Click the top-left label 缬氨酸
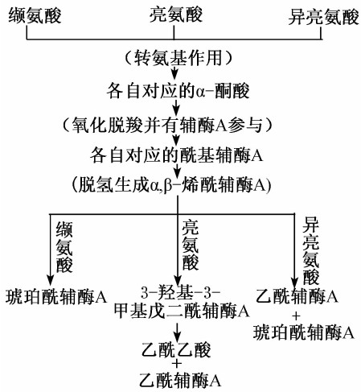(x=35, y=15)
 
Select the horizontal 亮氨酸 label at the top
(x=176, y=14)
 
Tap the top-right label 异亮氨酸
(x=323, y=17)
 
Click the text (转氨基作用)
(x=178, y=58)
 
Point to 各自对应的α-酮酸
(x=178, y=91)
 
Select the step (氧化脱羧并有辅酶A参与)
(x=167, y=125)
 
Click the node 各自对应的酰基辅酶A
(x=176, y=155)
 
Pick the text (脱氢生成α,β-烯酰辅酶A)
(x=171, y=185)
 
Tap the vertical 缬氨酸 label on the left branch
(x=64, y=247)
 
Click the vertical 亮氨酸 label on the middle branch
(x=191, y=245)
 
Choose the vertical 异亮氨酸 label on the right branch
(x=311, y=251)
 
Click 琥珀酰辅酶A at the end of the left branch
(x=56, y=297)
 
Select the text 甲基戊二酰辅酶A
(x=182, y=312)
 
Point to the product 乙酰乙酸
(x=176, y=349)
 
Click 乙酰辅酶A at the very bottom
(x=180, y=380)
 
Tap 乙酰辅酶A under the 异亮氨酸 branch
(x=297, y=296)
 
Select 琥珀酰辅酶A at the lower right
(x=304, y=332)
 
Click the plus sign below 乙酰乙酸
(x=177, y=364)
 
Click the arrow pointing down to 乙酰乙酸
(x=177, y=332)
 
